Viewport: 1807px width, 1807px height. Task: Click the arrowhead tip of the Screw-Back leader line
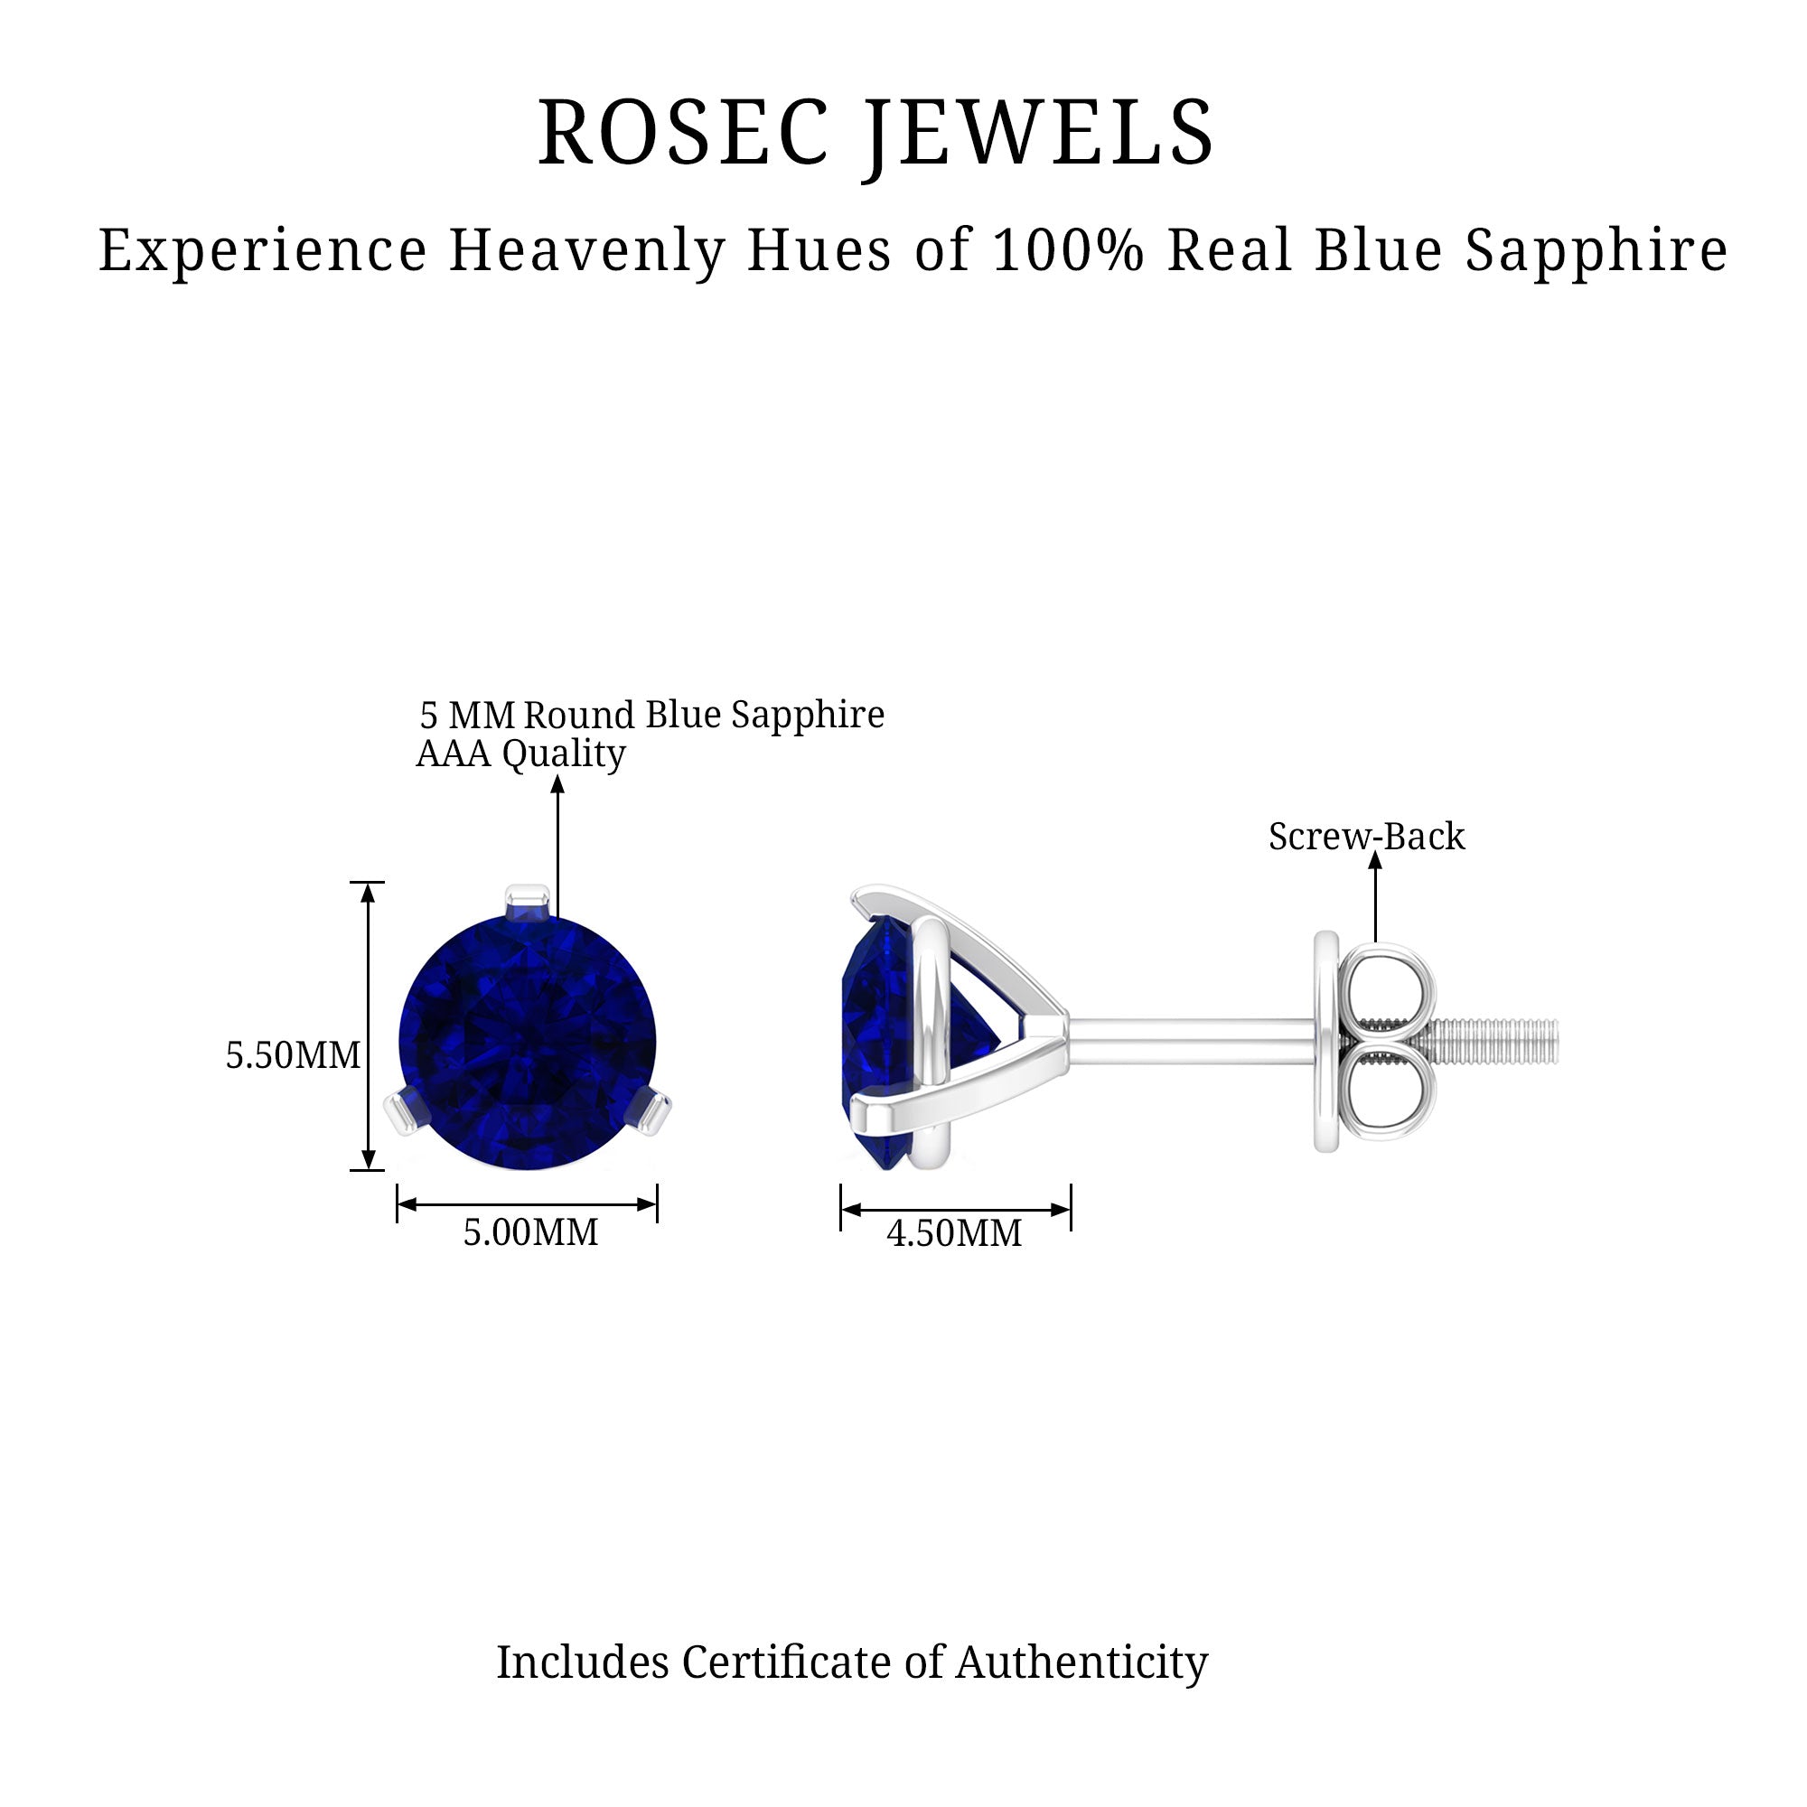pos(1375,854)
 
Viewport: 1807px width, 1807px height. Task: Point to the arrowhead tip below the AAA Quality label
pos(557,777)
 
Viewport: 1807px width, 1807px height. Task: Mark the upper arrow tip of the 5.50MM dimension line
pos(368,884)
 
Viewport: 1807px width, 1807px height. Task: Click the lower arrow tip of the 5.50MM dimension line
pos(368,1168)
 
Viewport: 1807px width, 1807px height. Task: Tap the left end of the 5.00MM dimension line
pos(398,1204)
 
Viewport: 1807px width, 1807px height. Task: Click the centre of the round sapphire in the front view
pos(529,1042)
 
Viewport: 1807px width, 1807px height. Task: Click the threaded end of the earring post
pos(1495,1041)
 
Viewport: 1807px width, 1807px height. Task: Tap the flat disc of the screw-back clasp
pos(1326,1041)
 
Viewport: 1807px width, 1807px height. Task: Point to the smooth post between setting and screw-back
pos(1191,1041)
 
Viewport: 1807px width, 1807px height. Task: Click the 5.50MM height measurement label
pos(293,1055)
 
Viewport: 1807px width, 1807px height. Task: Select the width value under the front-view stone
pos(530,1231)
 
